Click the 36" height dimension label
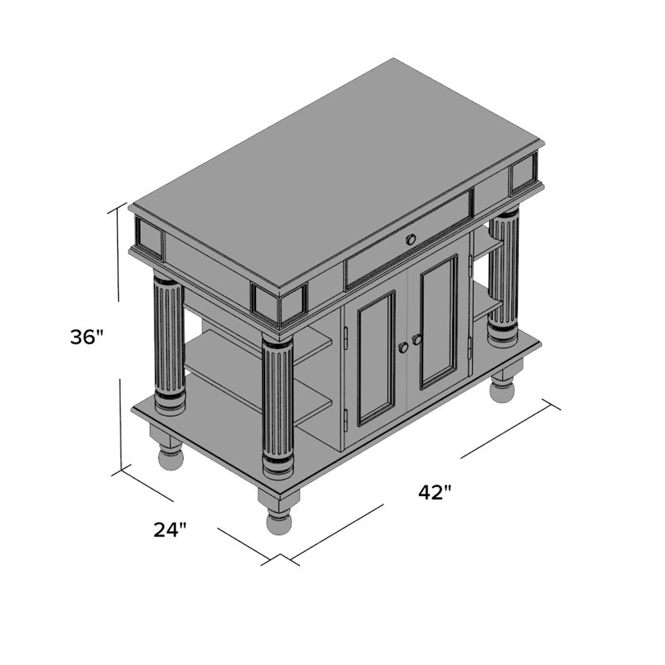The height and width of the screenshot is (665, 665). (87, 337)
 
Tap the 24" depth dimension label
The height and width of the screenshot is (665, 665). (170, 530)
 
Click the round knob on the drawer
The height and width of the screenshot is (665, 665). (411, 240)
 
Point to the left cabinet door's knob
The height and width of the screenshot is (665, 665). (403, 347)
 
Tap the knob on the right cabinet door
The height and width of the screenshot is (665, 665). (417, 339)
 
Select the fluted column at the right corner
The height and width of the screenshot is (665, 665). (503, 278)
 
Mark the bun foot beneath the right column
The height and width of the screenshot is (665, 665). (502, 387)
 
